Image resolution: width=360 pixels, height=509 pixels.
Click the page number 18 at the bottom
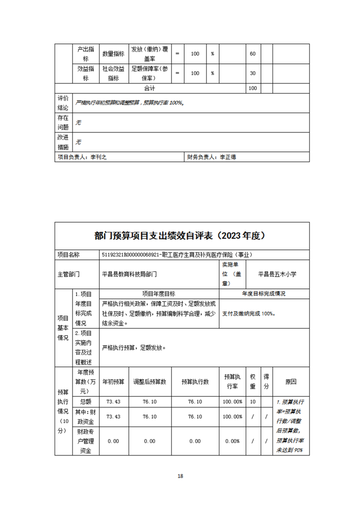click(x=180, y=476)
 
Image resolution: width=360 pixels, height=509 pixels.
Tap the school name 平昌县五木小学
click(x=277, y=274)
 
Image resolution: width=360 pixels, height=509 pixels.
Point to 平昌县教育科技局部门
click(x=130, y=274)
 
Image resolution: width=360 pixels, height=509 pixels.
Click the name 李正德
click(x=228, y=157)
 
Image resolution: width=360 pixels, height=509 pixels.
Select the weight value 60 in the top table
click(x=252, y=54)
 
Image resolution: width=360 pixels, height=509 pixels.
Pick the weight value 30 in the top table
click(x=252, y=73)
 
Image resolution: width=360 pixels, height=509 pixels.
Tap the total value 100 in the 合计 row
click(x=252, y=88)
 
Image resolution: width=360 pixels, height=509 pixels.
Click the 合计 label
click(x=150, y=88)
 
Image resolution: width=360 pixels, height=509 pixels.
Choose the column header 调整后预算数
click(x=149, y=382)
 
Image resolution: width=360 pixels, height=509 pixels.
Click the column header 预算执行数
click(x=195, y=382)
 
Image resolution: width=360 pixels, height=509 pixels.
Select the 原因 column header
click(x=291, y=382)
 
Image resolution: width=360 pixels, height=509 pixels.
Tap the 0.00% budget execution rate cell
click(x=232, y=441)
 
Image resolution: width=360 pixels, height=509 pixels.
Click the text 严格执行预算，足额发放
click(x=133, y=348)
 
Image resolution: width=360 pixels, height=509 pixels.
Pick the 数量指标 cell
click(x=113, y=54)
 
